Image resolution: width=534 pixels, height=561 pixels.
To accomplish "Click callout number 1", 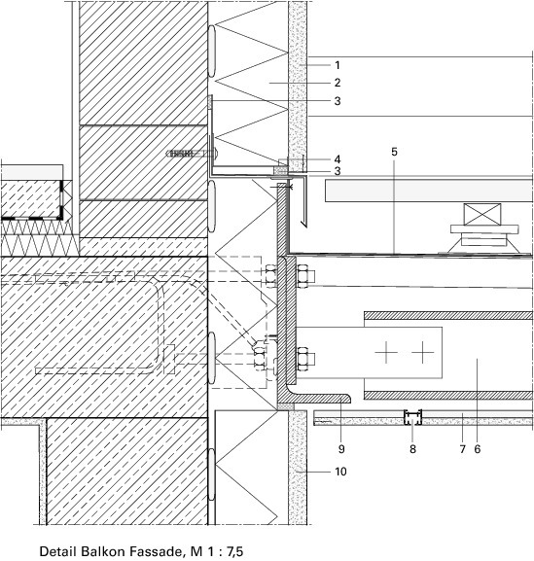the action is pos(338,65).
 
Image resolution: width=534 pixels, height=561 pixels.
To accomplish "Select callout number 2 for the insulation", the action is pos(338,83).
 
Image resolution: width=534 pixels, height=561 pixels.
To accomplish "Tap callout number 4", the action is pos(338,159).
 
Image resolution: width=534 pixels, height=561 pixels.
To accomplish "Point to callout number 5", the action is pos(394,152).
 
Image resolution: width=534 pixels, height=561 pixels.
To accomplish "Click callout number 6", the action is pos(478,448).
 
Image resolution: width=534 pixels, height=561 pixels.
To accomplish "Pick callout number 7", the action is pos(462,448).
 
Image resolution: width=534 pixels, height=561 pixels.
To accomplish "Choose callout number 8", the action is pos(412,448).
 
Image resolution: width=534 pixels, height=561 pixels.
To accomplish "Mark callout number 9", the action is pos(341,448).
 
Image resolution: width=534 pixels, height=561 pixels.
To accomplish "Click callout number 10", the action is pos(340,472).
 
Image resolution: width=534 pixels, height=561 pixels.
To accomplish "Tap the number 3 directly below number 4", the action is pos(338,171).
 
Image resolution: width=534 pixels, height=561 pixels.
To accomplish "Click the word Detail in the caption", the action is pos(58,551).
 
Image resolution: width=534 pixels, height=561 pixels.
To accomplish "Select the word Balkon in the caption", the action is pos(102,551).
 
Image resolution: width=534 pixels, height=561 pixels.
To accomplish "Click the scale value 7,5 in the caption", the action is pos(234,551).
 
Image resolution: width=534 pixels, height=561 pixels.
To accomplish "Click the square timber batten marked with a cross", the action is pos(482,214).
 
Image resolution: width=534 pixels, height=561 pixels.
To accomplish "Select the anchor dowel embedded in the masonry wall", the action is pos(193,154).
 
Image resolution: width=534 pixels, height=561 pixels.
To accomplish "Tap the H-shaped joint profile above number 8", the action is pos(412,417).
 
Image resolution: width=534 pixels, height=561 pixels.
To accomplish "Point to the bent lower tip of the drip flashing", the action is pos(303,225).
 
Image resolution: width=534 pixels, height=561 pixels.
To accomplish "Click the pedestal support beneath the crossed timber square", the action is pos(483,239).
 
